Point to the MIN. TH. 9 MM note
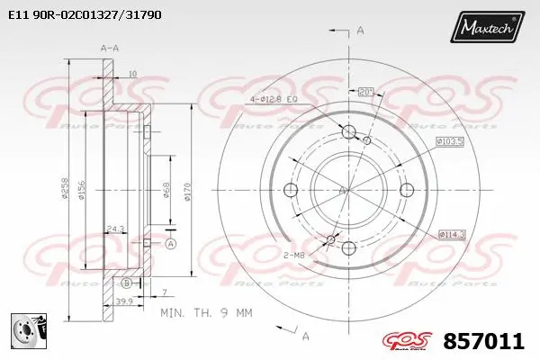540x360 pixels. (x=205, y=312)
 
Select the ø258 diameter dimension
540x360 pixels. (x=65, y=192)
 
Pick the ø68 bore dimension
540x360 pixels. (x=166, y=191)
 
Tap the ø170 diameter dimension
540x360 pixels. (x=185, y=192)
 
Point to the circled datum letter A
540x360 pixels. (x=171, y=244)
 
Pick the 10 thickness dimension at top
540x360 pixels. (x=131, y=73)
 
